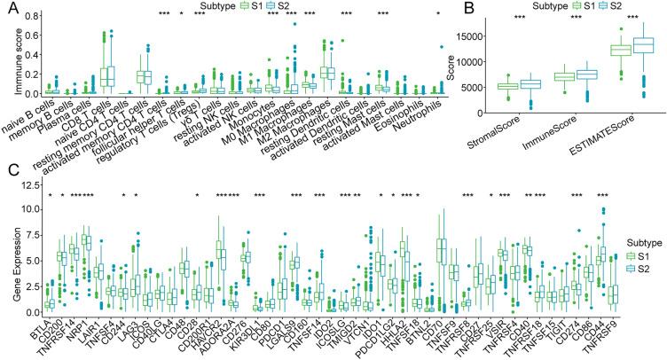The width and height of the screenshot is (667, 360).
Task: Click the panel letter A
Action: pyautogui.click(x=6, y=7)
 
